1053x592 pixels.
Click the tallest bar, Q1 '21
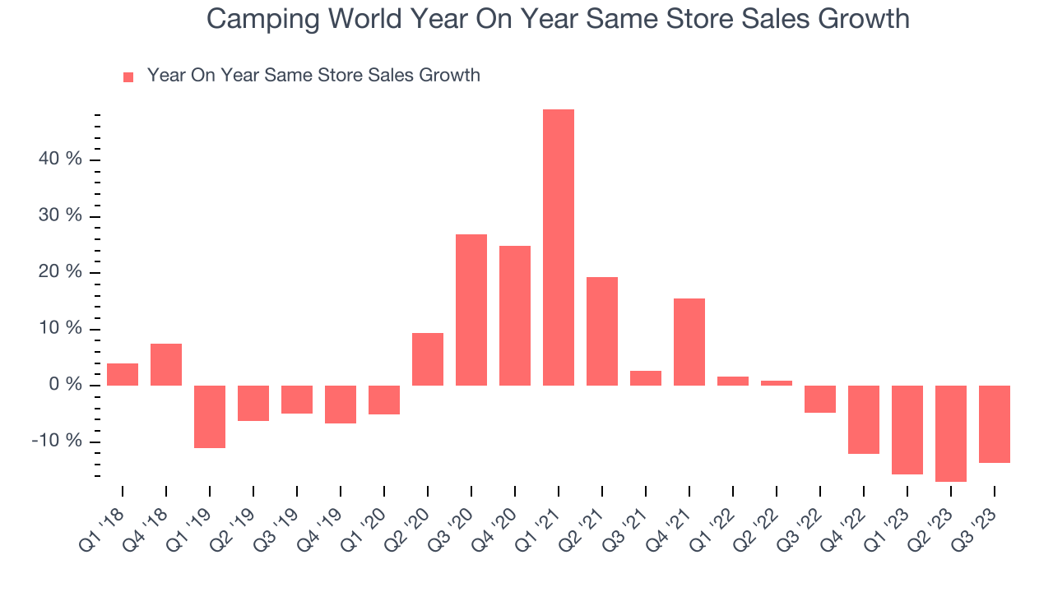(x=559, y=247)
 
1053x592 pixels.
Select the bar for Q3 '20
(x=471, y=310)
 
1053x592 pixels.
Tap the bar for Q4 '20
(x=515, y=316)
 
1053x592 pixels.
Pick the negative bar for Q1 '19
(x=210, y=417)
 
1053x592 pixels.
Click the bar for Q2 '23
(x=951, y=433)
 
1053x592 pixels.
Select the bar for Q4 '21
(x=689, y=342)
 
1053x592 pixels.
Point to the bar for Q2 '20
(x=428, y=359)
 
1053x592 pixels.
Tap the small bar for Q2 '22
(x=777, y=383)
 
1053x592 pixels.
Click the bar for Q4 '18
(x=166, y=364)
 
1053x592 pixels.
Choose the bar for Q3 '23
(x=995, y=424)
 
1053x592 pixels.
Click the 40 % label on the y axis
(x=61, y=160)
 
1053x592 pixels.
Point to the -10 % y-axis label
(x=57, y=442)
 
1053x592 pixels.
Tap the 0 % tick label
(x=65, y=386)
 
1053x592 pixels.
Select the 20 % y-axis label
(x=61, y=272)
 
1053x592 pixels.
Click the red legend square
(x=128, y=77)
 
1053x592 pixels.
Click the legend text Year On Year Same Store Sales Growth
(x=313, y=76)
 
